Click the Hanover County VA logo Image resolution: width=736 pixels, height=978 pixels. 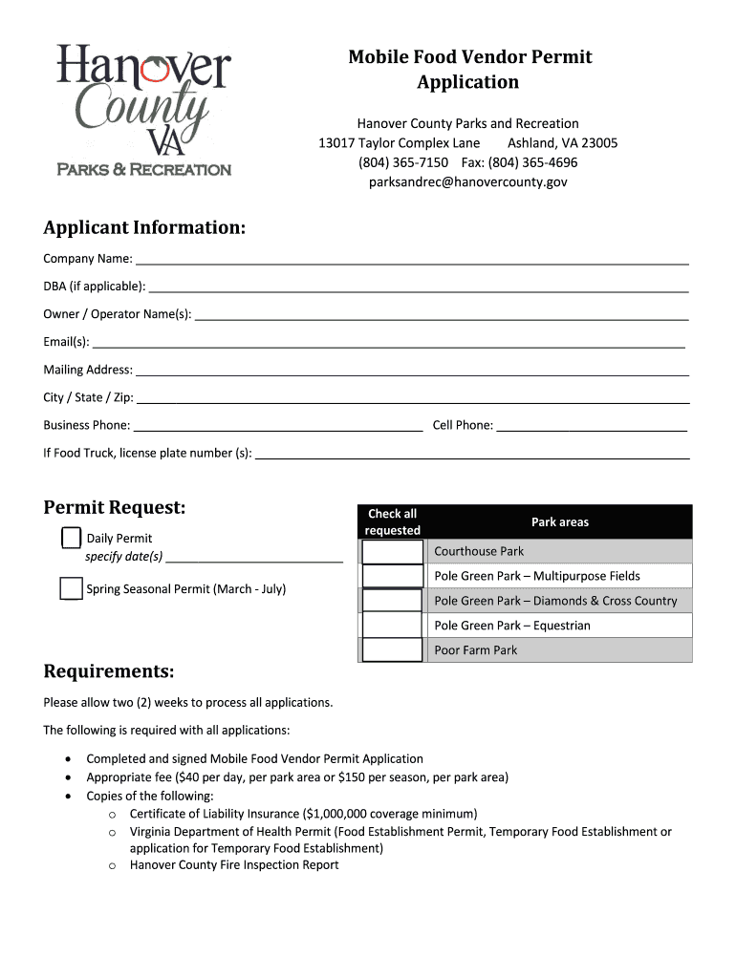point(143,110)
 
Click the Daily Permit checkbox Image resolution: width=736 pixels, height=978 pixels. point(71,538)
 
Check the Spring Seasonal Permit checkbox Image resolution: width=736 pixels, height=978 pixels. point(71,588)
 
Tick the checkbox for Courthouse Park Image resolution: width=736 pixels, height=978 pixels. point(392,552)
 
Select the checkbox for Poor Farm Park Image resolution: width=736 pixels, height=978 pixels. point(392,650)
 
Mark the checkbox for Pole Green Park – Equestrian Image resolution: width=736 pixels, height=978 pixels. point(392,626)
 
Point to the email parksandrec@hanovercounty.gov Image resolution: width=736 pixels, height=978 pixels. point(468,181)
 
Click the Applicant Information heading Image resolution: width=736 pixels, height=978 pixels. point(144,228)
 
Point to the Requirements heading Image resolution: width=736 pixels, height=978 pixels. point(109,672)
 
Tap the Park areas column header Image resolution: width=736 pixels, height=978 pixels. point(560,522)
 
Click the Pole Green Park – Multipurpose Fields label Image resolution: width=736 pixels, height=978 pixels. point(537,577)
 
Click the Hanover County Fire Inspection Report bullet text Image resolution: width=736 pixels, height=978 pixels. point(234,865)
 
